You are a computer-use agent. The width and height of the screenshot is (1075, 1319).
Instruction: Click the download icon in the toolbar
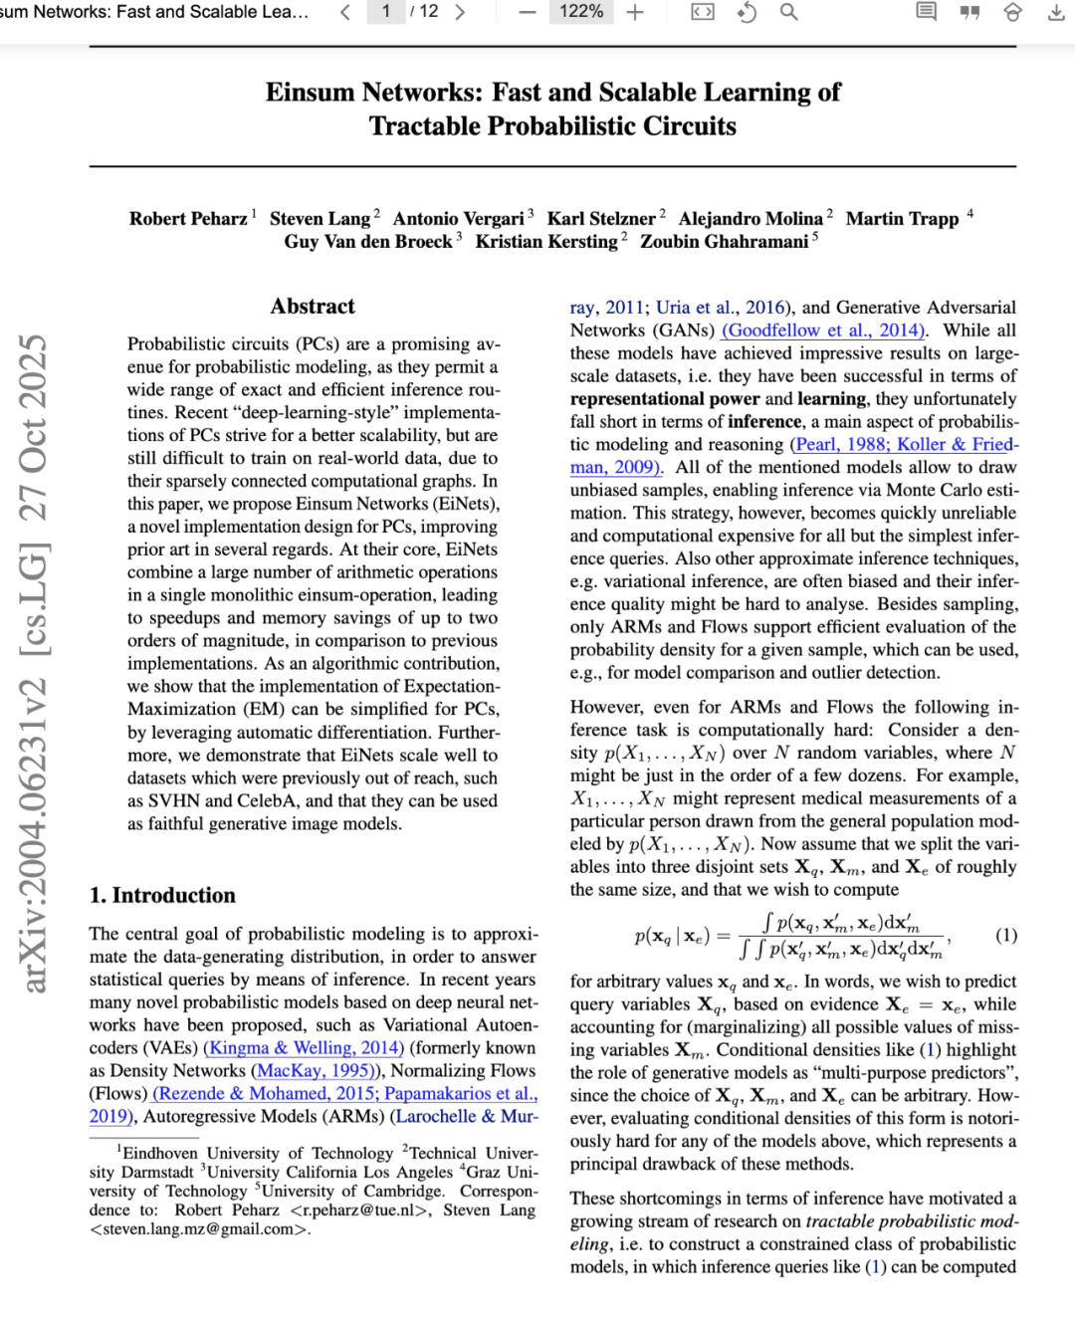[1056, 12]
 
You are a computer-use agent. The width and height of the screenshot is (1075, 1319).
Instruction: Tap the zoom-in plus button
[635, 12]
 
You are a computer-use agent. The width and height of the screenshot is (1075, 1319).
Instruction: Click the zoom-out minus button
[528, 12]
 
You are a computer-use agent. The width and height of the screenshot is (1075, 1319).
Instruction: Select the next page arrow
[460, 12]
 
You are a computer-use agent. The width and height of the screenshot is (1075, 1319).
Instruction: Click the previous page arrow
[344, 12]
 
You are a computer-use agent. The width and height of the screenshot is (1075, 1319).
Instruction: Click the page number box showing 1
[385, 12]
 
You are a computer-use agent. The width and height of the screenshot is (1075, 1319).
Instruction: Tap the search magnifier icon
[788, 12]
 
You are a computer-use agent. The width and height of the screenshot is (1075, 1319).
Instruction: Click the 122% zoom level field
[581, 12]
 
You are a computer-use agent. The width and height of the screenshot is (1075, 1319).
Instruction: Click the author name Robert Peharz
[188, 219]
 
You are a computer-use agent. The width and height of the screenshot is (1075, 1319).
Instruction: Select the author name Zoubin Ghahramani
[724, 242]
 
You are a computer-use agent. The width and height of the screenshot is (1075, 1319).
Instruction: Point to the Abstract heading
[313, 307]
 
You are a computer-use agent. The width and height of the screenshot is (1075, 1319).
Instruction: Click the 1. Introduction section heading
[162, 895]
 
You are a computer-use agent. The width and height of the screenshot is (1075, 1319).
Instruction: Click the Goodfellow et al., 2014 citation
[824, 330]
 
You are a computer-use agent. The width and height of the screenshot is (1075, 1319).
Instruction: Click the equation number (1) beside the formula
[1006, 935]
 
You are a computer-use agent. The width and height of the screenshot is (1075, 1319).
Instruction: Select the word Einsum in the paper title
[310, 93]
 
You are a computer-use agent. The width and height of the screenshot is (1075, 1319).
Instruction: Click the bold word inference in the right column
[763, 422]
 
